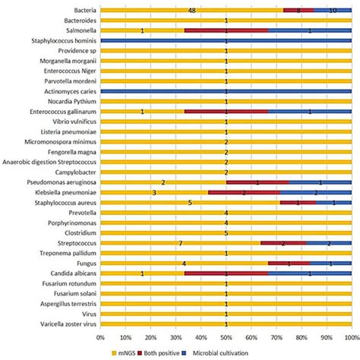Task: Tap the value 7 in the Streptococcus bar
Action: (x=180, y=243)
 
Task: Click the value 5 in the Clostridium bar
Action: (x=226, y=233)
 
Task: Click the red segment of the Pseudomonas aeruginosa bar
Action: (x=257, y=182)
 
